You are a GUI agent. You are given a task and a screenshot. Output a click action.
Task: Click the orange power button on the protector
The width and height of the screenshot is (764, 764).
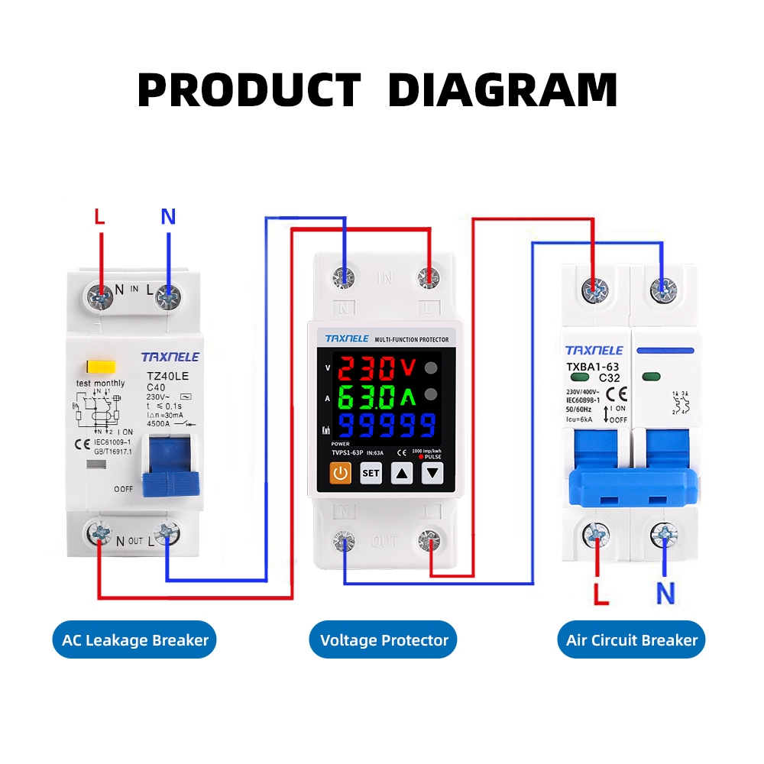tap(341, 474)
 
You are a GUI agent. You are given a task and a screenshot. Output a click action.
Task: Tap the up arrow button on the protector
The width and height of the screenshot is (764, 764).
tap(403, 474)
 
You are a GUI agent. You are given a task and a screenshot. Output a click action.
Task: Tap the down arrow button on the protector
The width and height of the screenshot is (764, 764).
tap(433, 474)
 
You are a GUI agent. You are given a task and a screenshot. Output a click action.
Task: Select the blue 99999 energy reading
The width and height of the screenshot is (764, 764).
tap(387, 425)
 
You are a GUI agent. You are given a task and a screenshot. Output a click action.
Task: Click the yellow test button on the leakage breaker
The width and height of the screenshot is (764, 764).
tap(96, 367)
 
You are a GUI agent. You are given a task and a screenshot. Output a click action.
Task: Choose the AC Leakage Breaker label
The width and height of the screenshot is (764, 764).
tap(135, 640)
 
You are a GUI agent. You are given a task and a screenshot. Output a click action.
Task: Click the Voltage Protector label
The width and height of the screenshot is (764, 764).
tap(384, 640)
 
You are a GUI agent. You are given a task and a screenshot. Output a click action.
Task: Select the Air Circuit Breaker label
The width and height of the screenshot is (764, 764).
tap(632, 640)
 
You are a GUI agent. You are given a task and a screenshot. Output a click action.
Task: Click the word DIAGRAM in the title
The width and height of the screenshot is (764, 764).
tap(502, 90)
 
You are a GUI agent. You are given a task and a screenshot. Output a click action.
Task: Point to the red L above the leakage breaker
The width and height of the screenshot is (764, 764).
tap(99, 217)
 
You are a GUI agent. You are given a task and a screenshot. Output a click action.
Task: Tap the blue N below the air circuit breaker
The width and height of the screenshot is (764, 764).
tap(666, 593)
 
